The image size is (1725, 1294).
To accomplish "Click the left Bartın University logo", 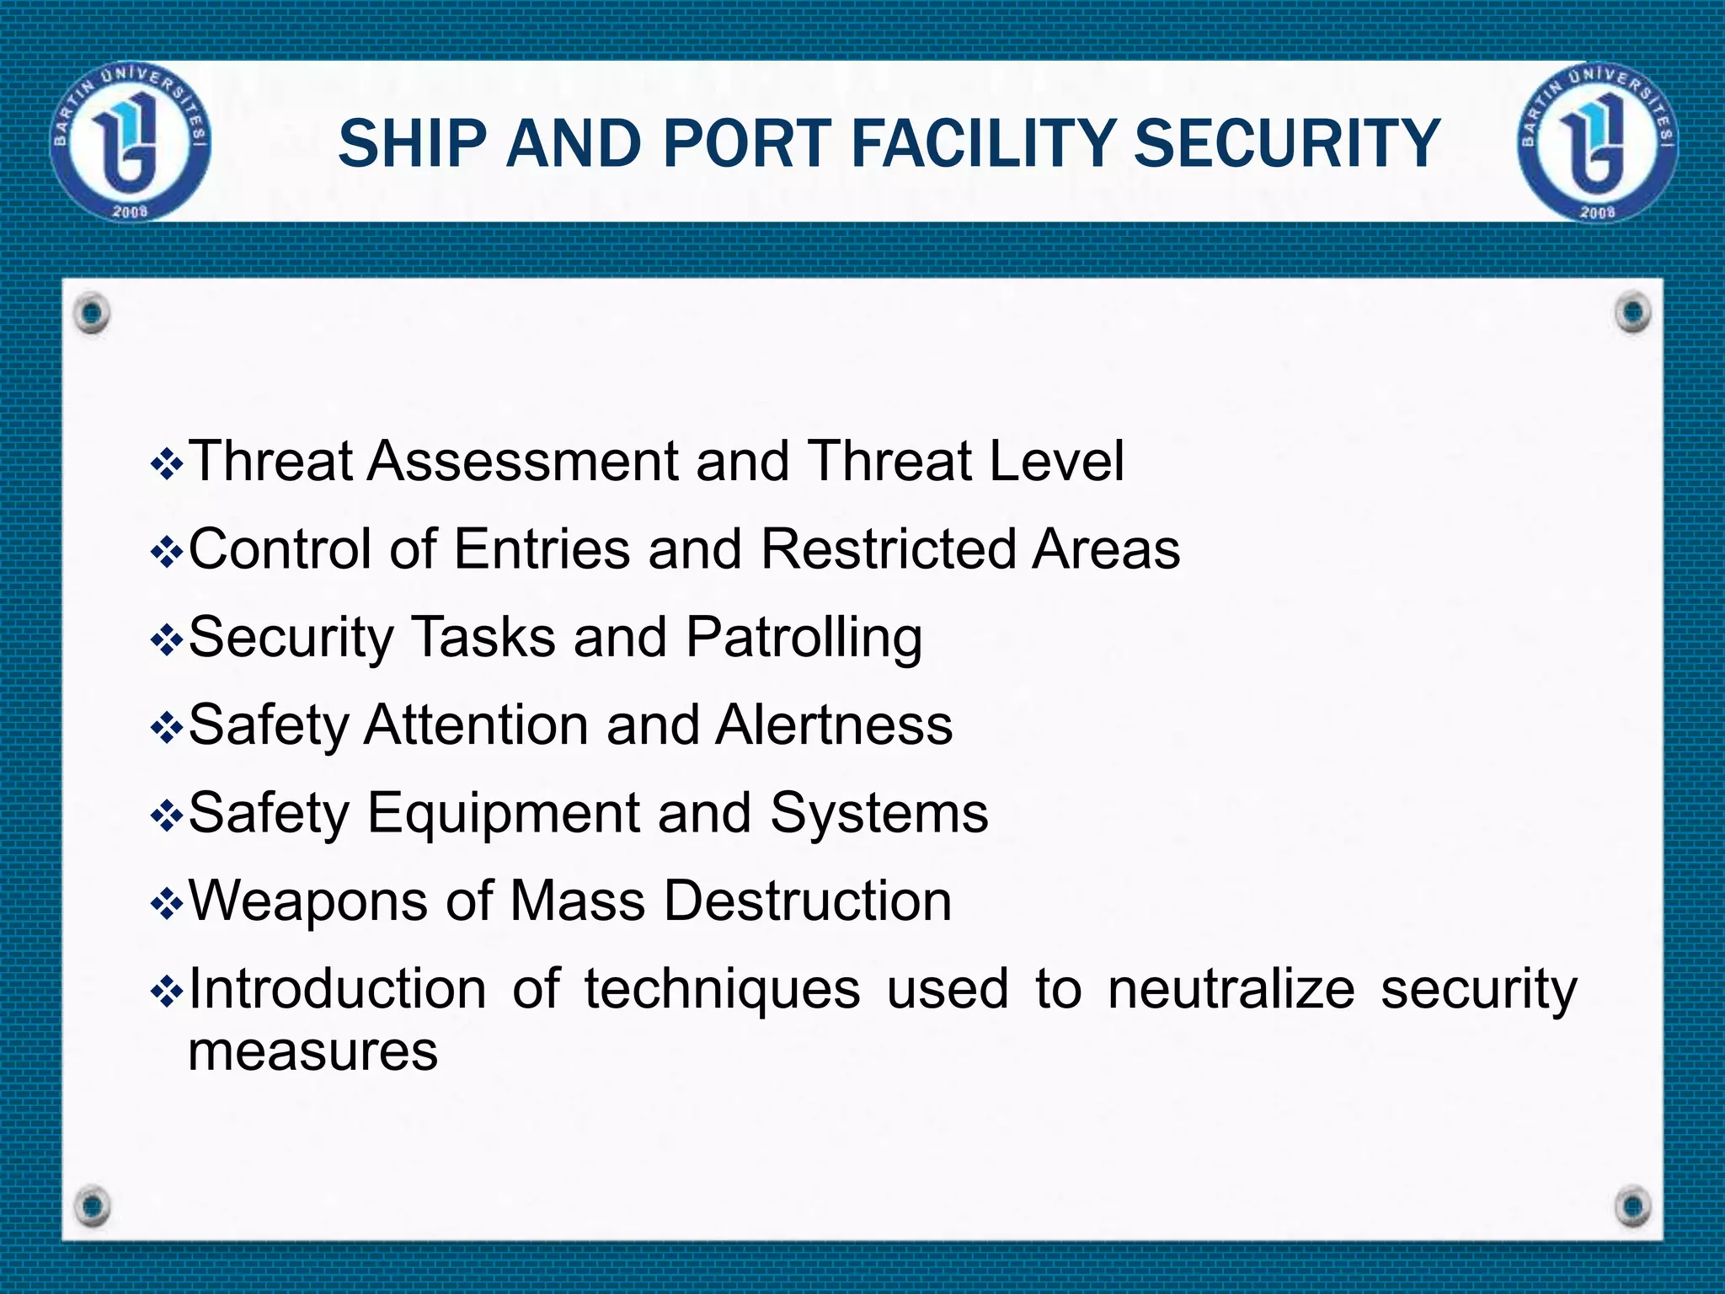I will pos(131,142).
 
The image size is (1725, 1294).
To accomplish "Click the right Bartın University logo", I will pos(1597,142).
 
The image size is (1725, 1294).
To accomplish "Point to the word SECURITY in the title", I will pos(1287,143).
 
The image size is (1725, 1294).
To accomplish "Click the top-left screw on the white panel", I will pos(92,313).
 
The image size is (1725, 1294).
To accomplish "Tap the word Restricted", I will pos(889,549).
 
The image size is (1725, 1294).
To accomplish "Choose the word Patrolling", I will pos(804,638).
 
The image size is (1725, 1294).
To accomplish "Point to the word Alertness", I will pos(834,725).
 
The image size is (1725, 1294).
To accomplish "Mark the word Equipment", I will pos(504,814).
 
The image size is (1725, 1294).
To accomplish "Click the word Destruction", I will pos(808,901).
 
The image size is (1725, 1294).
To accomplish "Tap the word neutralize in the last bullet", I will pos(1231,989).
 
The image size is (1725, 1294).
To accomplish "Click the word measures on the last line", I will pos(312,1052).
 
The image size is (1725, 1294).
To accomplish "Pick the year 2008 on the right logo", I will pos(1597,211).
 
